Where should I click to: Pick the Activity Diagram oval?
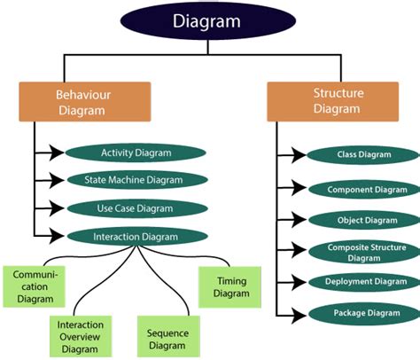point(136,152)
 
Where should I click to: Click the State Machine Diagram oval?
point(137,180)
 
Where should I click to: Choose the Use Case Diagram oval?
point(136,208)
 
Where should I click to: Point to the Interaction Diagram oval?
point(136,237)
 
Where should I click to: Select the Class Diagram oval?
point(363,155)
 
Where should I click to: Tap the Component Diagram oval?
point(363,189)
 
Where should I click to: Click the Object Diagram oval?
point(363,220)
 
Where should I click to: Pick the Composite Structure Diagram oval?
point(363,252)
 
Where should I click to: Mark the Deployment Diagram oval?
point(363,282)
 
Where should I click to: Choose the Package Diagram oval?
point(363,313)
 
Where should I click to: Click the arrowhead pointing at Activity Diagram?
point(58,152)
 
